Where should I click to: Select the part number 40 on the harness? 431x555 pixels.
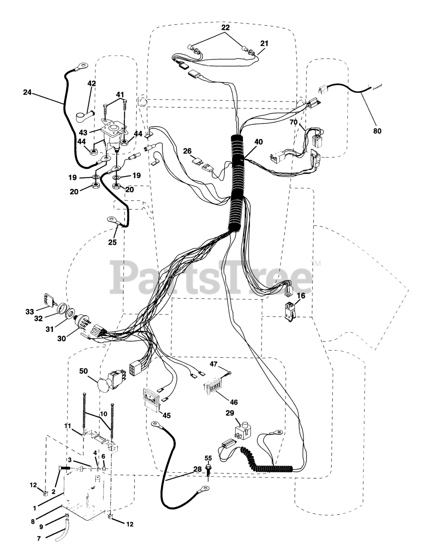pyautogui.click(x=259, y=142)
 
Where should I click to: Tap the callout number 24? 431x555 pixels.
pyautogui.click(x=28, y=92)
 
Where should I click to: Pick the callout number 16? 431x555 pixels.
pyautogui.click(x=301, y=296)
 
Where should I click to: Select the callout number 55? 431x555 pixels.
pyautogui.click(x=208, y=458)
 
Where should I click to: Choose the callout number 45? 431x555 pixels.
pyautogui.click(x=166, y=415)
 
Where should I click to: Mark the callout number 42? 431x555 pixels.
pyautogui.click(x=91, y=83)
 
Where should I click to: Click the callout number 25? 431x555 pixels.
pyautogui.click(x=112, y=242)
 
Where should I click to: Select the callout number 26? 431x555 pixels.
pyautogui.click(x=187, y=151)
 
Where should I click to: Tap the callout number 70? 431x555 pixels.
pyautogui.click(x=294, y=122)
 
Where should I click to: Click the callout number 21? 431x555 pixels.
pyautogui.click(x=264, y=43)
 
